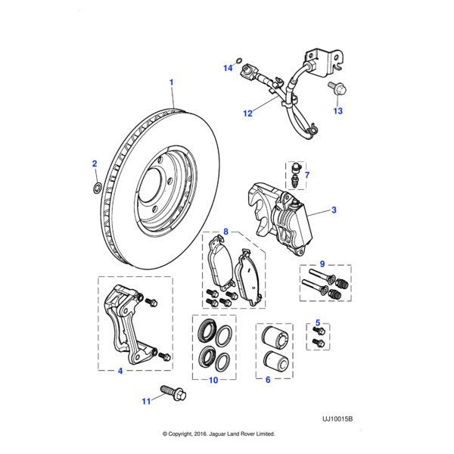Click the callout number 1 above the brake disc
point(171,82)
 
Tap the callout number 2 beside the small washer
point(95,163)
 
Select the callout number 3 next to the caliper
point(334,210)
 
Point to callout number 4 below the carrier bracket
point(120,371)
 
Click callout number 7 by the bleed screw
point(306,176)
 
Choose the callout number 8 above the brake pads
point(225,231)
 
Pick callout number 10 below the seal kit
point(213,380)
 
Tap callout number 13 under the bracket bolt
point(338,111)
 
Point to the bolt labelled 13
point(334,89)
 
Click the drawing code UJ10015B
point(337,417)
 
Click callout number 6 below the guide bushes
point(266,380)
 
